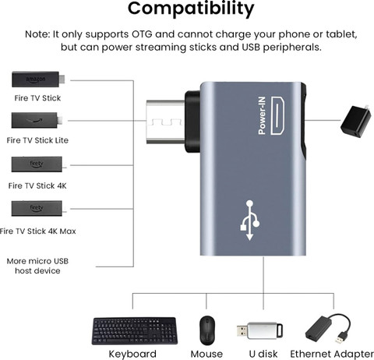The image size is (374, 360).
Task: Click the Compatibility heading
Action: click(191, 9)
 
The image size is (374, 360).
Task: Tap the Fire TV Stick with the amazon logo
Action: click(38, 79)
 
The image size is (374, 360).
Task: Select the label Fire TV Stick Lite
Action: click(37, 140)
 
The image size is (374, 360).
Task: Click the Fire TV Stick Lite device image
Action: click(37, 120)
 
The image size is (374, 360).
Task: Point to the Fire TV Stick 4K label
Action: click(37, 185)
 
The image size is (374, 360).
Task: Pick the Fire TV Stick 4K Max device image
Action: click(37, 208)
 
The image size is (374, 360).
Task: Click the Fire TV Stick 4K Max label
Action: click(38, 231)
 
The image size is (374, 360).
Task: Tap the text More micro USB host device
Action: click(37, 266)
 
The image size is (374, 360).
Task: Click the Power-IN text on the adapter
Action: click(262, 115)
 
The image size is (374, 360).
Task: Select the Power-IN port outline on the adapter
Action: click(277, 115)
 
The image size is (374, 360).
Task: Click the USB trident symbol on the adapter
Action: click(249, 221)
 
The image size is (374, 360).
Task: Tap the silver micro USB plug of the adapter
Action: click(165, 122)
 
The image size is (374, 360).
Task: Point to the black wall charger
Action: click(355, 121)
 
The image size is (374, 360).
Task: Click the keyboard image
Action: click(135, 331)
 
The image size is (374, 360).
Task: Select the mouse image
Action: click(207, 330)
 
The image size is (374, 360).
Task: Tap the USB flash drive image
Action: click(260, 330)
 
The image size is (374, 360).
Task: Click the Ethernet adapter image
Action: click(328, 329)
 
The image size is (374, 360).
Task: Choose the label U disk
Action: click(263, 354)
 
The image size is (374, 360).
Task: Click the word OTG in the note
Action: click(142, 34)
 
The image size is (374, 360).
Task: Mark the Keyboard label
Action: click(132, 354)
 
